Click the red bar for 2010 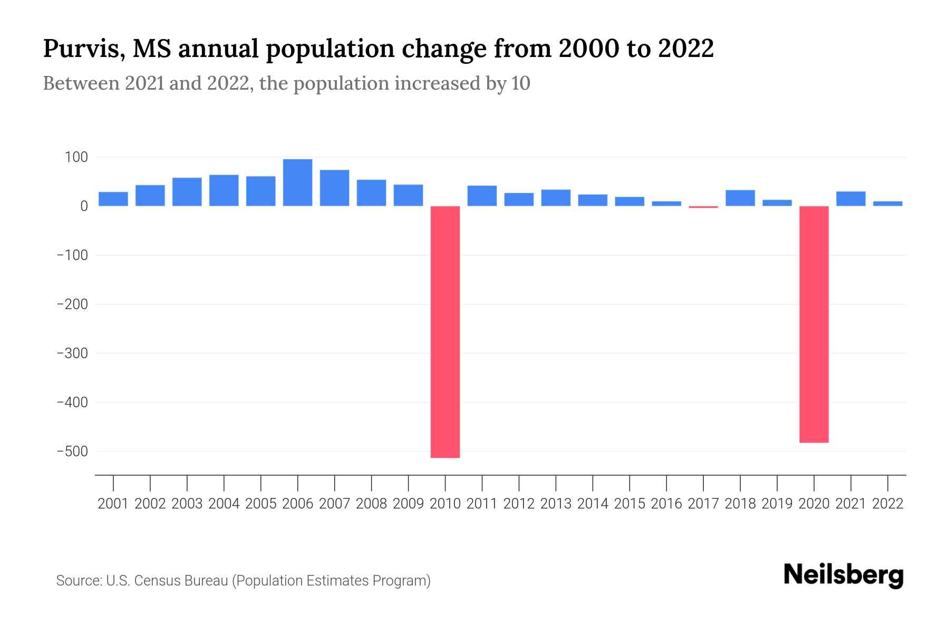point(445,331)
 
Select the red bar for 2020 point(814,324)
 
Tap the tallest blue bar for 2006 point(297,183)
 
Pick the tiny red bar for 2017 point(703,207)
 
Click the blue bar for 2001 point(113,199)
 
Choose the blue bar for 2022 point(888,204)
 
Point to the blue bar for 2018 point(740,198)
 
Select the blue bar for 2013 point(556,198)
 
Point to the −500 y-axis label point(72,451)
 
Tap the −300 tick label point(72,353)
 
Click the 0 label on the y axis point(84,206)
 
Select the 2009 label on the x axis point(408,504)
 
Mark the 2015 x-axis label point(630,504)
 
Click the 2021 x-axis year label point(851,504)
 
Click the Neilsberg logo point(844,575)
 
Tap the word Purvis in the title point(83,49)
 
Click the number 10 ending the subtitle point(520,83)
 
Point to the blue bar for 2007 point(334,188)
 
